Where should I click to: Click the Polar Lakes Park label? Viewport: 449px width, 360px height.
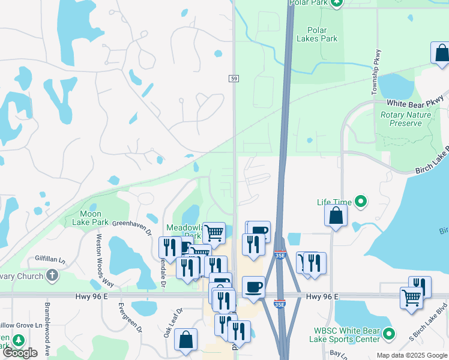coord(317,34)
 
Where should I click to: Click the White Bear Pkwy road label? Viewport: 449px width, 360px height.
coord(415,101)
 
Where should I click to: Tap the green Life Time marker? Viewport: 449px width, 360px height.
coord(361,202)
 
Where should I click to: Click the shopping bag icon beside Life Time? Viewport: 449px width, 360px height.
coord(336,215)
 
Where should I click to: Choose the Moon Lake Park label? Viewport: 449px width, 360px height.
coord(94,218)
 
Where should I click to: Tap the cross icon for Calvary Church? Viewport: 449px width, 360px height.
coord(52,276)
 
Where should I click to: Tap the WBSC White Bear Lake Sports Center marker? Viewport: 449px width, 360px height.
coord(389,334)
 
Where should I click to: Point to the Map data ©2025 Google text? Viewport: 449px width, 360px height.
coord(411,355)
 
